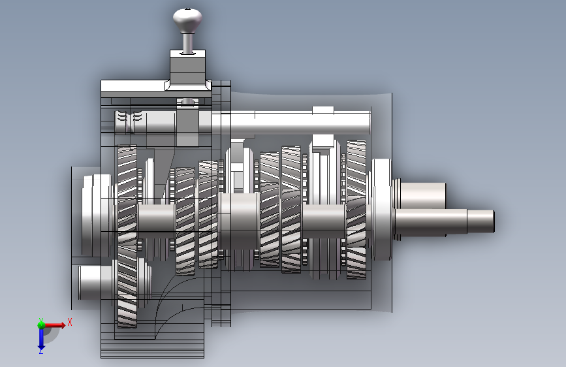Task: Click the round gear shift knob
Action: (x=187, y=21)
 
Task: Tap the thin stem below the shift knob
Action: (x=187, y=43)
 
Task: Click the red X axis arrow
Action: (x=55, y=325)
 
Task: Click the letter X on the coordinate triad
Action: (x=70, y=322)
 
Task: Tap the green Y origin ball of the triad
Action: (x=41, y=325)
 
